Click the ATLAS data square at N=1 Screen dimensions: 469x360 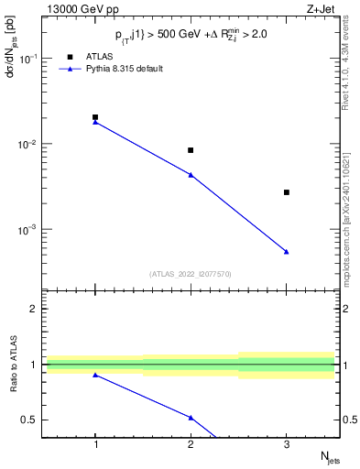pos(95,117)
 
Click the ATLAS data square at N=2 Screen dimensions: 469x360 pos(191,150)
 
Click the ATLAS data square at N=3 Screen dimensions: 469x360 pos(287,192)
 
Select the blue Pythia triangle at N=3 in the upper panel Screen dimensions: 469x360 pos(287,251)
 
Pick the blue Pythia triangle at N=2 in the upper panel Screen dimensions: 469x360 pos(191,174)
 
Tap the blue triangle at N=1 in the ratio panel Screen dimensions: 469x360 pos(95,375)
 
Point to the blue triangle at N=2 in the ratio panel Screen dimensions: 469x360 pos(191,417)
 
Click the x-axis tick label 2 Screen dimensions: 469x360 pos(191,446)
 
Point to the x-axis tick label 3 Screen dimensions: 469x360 pos(287,446)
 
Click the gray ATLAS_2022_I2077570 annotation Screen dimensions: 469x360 pos(191,273)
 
